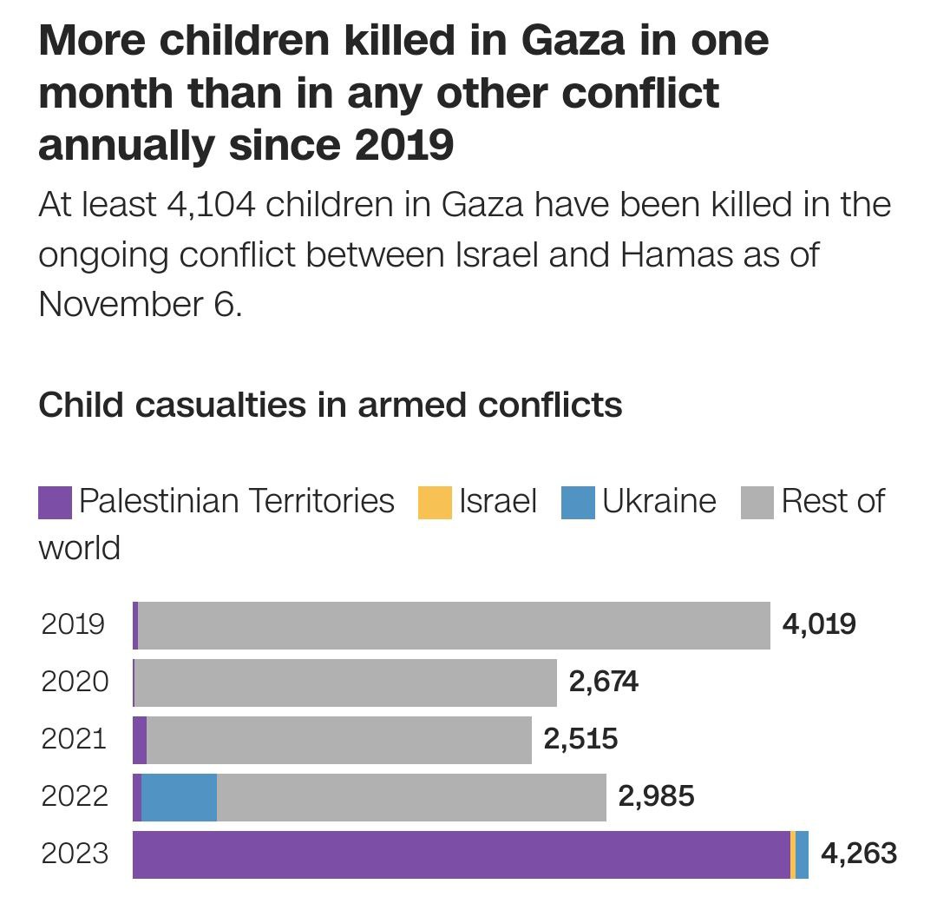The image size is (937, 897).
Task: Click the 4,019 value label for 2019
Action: point(819,624)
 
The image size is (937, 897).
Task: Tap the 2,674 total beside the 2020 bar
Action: point(604,682)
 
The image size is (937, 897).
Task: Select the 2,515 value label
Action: point(580,739)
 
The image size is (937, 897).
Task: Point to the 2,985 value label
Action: point(656,796)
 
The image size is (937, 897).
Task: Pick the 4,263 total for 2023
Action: point(859,854)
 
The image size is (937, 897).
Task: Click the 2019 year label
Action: point(73,624)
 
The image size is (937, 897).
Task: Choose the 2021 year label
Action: point(75,739)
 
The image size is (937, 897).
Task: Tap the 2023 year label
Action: point(75,854)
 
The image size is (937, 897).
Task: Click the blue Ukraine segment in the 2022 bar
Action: point(179,797)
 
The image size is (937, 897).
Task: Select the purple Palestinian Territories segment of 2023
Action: point(461,854)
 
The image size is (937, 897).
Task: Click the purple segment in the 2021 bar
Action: point(140,740)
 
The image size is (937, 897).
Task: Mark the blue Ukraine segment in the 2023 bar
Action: point(803,854)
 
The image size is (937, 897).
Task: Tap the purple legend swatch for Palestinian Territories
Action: point(55,503)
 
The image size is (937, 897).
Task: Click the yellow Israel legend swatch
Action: point(435,503)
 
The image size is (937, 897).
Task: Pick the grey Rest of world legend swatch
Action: point(757,503)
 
